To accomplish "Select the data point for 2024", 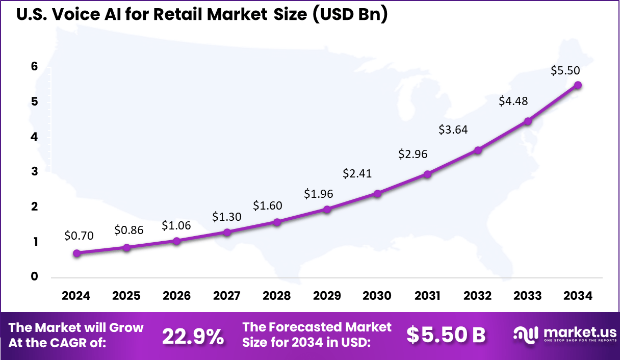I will pyautogui.click(x=76, y=253).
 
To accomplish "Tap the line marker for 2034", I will pyautogui.click(x=578, y=85).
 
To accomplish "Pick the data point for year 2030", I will pyautogui.click(x=377, y=194).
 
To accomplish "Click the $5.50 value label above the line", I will pyautogui.click(x=565, y=71).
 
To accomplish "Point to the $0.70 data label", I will pyautogui.click(x=79, y=236).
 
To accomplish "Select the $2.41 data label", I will pyautogui.click(x=357, y=173).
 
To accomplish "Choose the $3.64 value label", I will pyautogui.click(x=453, y=130).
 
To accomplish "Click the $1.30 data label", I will pyautogui.click(x=227, y=217).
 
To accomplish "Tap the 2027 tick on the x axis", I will pyautogui.click(x=227, y=296).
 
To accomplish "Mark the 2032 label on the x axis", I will pyautogui.click(x=478, y=296).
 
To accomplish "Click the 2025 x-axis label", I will pyautogui.click(x=126, y=296).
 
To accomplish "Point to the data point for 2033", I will pyautogui.click(x=528, y=121).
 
